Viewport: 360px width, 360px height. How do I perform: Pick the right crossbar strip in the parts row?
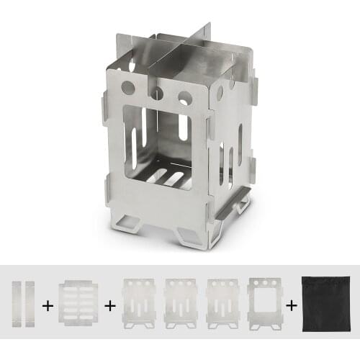pos(29,305)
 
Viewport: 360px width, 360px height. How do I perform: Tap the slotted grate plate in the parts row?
pos(80,305)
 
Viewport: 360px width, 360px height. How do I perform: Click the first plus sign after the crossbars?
pos(48,306)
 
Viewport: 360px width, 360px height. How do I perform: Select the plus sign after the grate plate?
pos(110,306)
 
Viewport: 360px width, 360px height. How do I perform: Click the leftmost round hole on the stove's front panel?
pos(128,88)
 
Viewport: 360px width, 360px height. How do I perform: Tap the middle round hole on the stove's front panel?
pos(156,93)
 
